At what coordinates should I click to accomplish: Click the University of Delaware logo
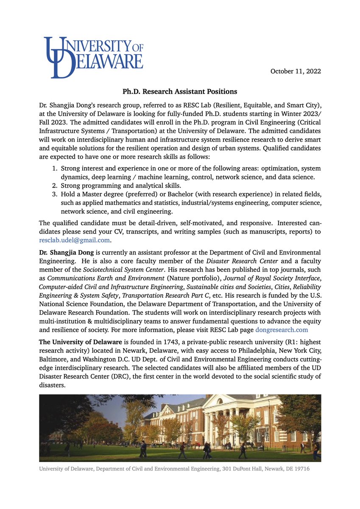pyautogui.click(x=93, y=57)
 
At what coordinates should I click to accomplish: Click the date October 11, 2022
pyautogui.click(x=296, y=71)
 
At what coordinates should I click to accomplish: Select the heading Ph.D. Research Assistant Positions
pyautogui.click(x=180, y=92)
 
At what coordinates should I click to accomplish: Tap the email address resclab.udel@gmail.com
pyautogui.click(x=75, y=240)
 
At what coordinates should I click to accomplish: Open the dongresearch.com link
pyautogui.click(x=282, y=329)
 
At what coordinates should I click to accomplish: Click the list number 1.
pyautogui.click(x=54, y=169)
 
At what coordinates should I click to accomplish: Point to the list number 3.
pyautogui.click(x=54, y=194)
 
